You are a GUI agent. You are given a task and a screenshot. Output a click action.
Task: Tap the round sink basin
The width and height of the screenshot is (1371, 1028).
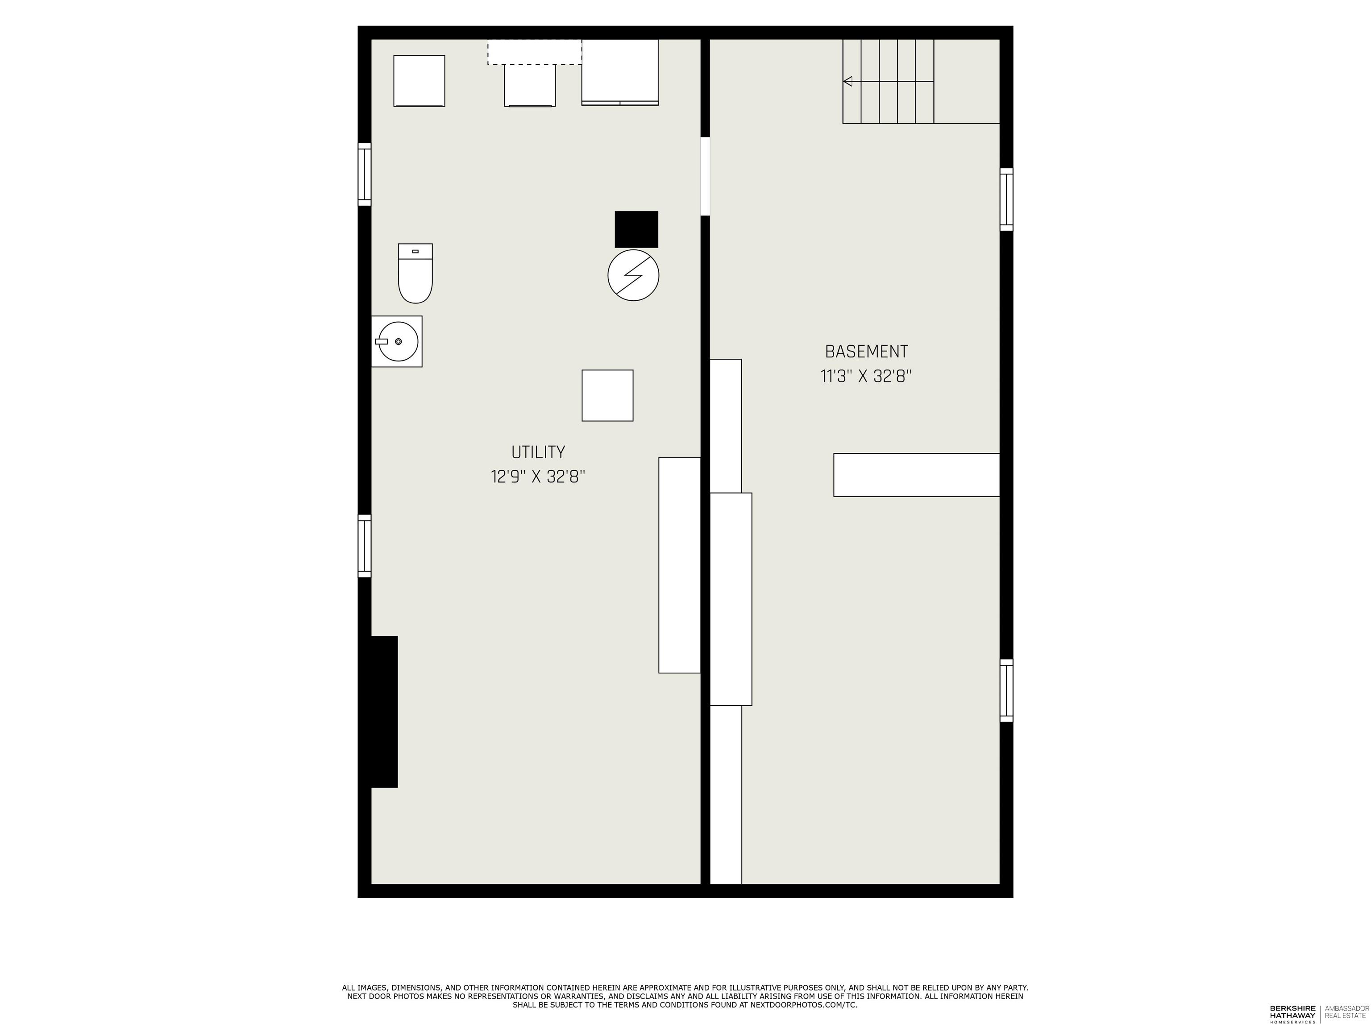tap(397, 341)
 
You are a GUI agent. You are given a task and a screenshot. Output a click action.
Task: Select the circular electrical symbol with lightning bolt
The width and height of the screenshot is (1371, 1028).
tap(633, 276)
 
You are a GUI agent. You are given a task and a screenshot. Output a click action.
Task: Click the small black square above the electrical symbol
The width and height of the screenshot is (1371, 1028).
tap(636, 229)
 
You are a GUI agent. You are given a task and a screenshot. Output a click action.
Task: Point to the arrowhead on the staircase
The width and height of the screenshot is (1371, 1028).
tap(847, 81)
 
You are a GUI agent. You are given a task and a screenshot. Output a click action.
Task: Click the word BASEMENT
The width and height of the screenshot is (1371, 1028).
tap(866, 351)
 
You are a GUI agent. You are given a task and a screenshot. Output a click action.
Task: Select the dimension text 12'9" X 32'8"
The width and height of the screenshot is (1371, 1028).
tap(537, 477)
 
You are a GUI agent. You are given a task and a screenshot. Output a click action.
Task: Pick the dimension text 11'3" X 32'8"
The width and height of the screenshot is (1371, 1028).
tap(866, 376)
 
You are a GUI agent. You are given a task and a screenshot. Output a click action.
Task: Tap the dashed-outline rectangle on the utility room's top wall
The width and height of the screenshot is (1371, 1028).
tap(534, 52)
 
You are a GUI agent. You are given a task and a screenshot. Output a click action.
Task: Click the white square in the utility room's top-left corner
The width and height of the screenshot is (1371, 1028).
tap(419, 81)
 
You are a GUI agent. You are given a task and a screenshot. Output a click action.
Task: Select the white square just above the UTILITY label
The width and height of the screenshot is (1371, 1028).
tap(607, 395)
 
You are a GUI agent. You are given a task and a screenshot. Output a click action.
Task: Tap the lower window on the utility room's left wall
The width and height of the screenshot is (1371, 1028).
tap(365, 546)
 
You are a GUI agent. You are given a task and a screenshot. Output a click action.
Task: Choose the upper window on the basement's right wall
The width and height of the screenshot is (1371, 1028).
tap(1006, 199)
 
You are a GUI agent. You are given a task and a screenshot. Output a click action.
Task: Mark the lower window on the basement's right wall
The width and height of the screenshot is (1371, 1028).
tap(1006, 690)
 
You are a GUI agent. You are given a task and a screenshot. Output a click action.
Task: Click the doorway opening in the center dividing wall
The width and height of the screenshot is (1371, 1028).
tap(705, 176)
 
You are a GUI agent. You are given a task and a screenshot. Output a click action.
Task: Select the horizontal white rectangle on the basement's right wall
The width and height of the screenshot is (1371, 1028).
tap(916, 475)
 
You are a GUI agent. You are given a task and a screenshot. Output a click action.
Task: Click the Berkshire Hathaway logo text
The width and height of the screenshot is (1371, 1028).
tap(1292, 1012)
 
